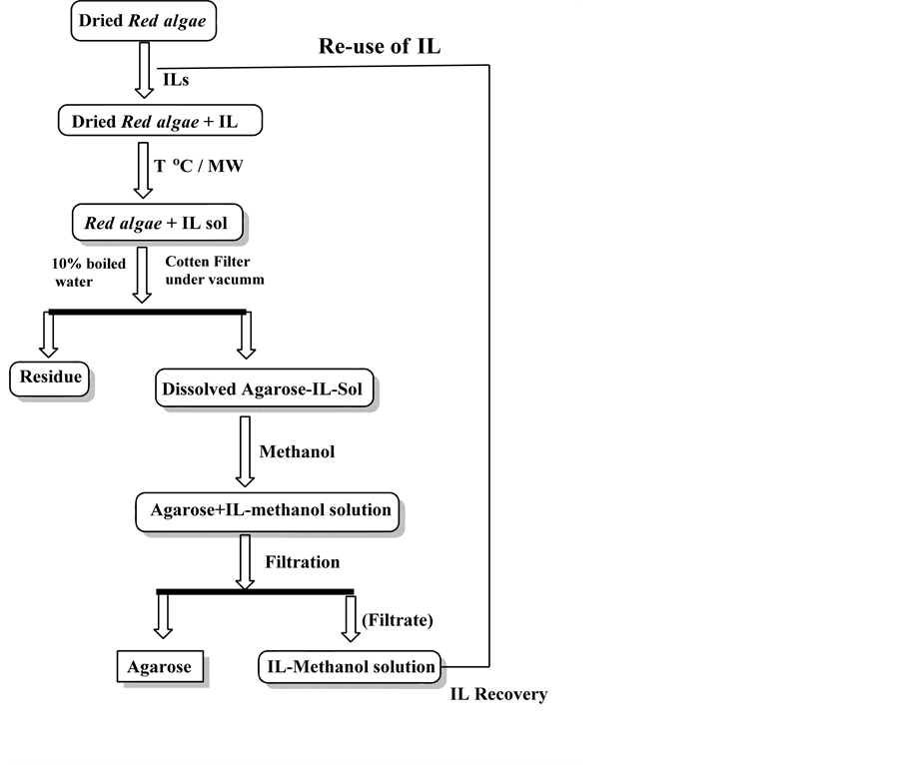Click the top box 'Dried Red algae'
coord(142,21)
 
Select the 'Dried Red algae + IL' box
coord(161,122)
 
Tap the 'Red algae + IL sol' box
coord(156,224)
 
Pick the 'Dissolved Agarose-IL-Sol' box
coord(265,388)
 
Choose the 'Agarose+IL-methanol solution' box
coord(266,510)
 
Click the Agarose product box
coord(159,666)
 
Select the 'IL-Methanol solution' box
coord(350,666)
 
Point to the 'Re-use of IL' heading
coord(379,47)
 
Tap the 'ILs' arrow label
coord(174,78)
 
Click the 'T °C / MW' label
coord(199,166)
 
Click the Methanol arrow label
coord(297,451)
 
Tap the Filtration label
coord(303,562)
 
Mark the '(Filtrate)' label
coord(399,620)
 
